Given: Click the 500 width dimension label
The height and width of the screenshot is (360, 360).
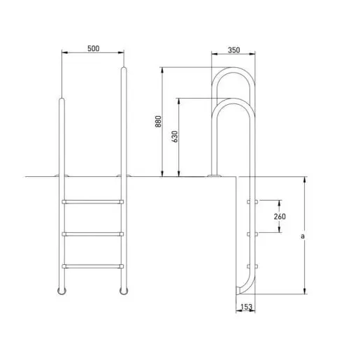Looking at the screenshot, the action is click(x=93, y=48).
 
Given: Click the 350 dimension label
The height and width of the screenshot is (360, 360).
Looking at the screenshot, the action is click(x=233, y=50).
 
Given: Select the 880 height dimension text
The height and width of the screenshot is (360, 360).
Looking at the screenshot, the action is click(x=158, y=122).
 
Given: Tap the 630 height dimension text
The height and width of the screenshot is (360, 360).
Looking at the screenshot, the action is click(x=175, y=136).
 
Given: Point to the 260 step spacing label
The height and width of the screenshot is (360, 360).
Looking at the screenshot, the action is click(x=280, y=217).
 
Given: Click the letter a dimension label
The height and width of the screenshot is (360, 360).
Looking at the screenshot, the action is click(x=303, y=236).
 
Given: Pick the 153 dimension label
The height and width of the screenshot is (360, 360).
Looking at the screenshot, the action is click(x=247, y=307).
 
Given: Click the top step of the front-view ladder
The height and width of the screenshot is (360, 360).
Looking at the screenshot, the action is click(x=93, y=202).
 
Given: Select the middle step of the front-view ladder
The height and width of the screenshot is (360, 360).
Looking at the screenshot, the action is click(x=93, y=234).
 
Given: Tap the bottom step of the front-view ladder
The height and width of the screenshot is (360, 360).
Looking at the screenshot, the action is click(x=93, y=266).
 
